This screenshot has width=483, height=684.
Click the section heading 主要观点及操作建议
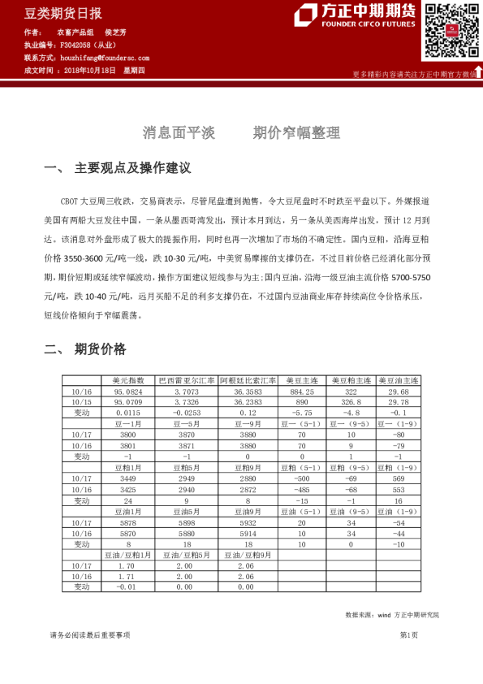pos(132,168)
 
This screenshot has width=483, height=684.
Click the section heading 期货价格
pos(100,349)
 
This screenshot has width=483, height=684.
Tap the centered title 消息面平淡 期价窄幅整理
pos(241,132)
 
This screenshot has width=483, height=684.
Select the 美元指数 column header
pos(129,380)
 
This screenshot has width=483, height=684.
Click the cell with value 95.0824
pos(129,391)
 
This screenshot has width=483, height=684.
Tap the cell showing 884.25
pos(302,391)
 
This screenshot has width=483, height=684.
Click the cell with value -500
pos(302,479)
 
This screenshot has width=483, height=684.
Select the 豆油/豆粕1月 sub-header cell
pos(129,555)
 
